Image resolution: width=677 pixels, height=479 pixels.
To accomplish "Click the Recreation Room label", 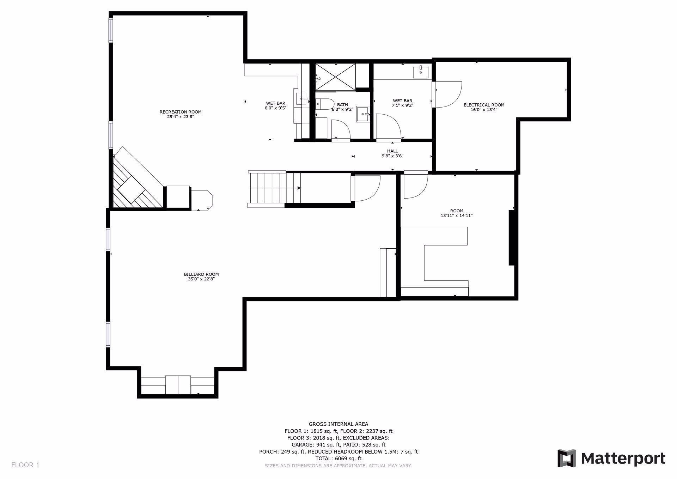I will (180, 112).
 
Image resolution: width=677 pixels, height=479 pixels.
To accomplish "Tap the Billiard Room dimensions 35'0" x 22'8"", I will (201, 279).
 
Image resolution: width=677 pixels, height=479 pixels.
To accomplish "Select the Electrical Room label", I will (484, 105).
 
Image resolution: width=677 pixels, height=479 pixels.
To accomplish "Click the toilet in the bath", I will (325, 104).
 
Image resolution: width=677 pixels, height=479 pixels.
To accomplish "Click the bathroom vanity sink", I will (363, 114).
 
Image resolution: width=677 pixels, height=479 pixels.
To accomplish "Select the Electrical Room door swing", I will (448, 94).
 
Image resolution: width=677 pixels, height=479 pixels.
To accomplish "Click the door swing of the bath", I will (340, 129).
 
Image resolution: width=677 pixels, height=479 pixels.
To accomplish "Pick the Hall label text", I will (392, 151).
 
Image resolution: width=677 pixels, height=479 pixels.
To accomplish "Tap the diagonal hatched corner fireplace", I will (136, 183).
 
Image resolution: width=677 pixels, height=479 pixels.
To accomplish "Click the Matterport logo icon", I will (566, 458).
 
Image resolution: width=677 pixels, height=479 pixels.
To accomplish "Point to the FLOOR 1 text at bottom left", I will (25, 465).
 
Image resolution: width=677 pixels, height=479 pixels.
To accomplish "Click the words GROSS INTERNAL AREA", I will (338, 424).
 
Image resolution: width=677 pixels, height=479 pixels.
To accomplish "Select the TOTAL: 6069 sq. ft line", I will (338, 459).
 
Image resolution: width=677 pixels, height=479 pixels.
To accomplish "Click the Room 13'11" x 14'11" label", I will (456, 213).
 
